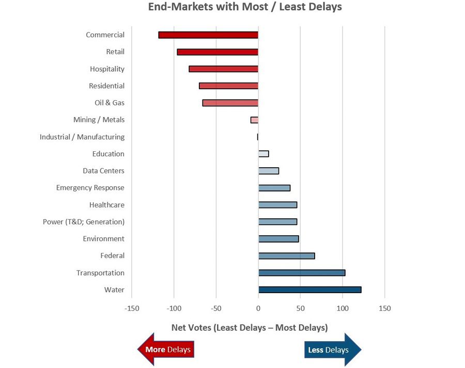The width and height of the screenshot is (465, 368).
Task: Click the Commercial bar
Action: [x=208, y=35]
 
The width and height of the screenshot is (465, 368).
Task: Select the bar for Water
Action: [x=309, y=290]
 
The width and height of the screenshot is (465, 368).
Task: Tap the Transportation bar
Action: [x=302, y=273]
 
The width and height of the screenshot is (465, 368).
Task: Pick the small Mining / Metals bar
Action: [x=254, y=120]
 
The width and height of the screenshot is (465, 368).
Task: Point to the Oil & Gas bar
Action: [x=230, y=103]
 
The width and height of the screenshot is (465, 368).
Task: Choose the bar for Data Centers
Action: [x=269, y=171]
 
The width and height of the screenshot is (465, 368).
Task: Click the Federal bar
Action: [x=286, y=255]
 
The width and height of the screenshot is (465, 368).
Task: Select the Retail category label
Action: [x=115, y=52]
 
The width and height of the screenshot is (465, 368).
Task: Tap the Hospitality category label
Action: [x=107, y=69]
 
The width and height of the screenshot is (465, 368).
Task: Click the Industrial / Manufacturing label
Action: [x=82, y=137]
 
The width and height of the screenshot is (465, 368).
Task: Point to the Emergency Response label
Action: [x=90, y=188]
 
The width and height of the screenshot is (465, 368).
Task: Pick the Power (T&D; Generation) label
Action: [x=84, y=221]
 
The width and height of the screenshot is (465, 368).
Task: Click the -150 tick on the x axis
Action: [x=132, y=309]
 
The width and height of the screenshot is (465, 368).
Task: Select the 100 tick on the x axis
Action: [x=343, y=309]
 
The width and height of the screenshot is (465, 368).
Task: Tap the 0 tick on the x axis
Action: [x=258, y=309]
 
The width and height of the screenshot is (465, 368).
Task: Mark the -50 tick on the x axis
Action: [x=216, y=309]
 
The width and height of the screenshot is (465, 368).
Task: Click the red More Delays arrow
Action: [x=166, y=349]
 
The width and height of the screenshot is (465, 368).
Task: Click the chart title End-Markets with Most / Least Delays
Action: [x=245, y=7]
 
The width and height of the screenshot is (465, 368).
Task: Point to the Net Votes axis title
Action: [x=249, y=328]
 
